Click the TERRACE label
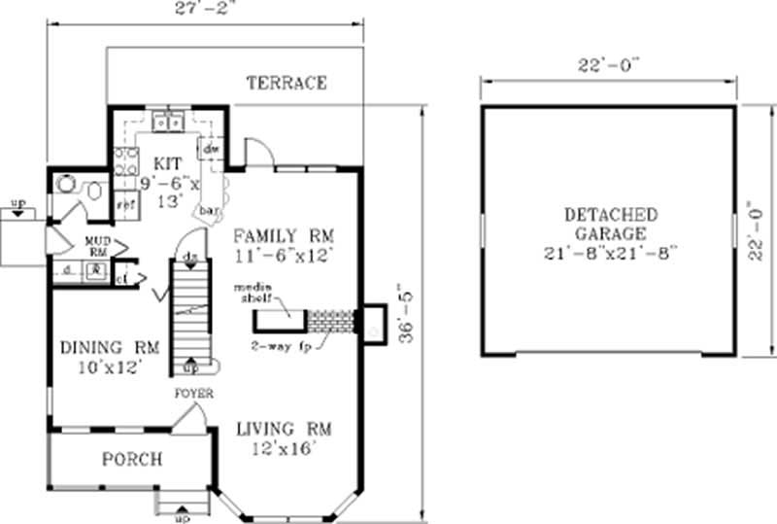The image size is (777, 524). coord(286,83)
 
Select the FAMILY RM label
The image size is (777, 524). coord(282,234)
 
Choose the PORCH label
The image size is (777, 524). coord(130,460)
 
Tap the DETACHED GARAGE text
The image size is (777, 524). coord(611,225)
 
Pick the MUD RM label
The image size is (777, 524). coord(95,243)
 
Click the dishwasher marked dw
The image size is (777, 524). coord(210,149)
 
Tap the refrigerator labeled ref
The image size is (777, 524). coord(125,205)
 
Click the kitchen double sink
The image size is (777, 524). coord(170,122)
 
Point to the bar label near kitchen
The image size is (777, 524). coord(207,209)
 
